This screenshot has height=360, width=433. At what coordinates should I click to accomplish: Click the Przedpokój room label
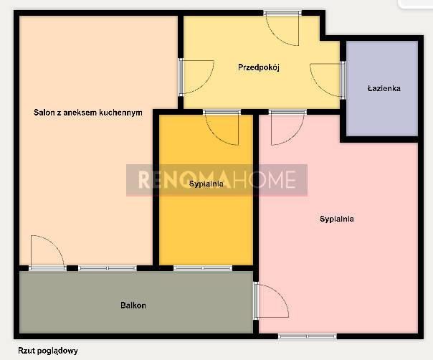pos(259,67)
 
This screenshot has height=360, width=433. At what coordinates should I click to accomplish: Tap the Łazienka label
pos(384,88)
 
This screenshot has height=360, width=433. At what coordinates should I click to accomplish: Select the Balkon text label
pos(133,305)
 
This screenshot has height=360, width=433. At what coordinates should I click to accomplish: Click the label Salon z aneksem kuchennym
pos(87,113)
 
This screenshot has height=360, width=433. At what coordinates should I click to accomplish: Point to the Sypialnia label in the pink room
pos(337,219)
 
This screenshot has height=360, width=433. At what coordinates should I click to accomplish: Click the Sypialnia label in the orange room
pos(206,184)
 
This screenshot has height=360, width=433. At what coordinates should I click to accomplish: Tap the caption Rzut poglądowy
pos(48,351)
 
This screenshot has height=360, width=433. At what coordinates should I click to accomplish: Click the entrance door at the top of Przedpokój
pos(282,28)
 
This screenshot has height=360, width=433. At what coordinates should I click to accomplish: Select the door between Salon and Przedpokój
pos(196,77)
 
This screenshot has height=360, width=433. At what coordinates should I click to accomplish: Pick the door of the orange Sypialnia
pos(222,128)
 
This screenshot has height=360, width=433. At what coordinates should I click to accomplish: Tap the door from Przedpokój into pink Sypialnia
pos(287,128)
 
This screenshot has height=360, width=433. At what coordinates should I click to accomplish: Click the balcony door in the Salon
pos(47,253)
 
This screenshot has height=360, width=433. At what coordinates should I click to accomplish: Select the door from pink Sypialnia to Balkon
pos(272,301)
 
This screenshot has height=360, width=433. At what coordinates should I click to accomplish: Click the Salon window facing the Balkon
pos(108,268)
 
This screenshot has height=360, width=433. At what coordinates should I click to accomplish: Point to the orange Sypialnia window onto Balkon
pos(203,268)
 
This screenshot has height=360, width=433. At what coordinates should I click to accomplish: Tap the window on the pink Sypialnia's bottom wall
pos(307,336)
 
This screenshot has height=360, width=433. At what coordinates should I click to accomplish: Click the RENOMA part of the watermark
pos(184,179)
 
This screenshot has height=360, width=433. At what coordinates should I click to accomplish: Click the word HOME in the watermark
pos(264,179)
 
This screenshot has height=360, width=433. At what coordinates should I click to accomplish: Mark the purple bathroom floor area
pos(382,88)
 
